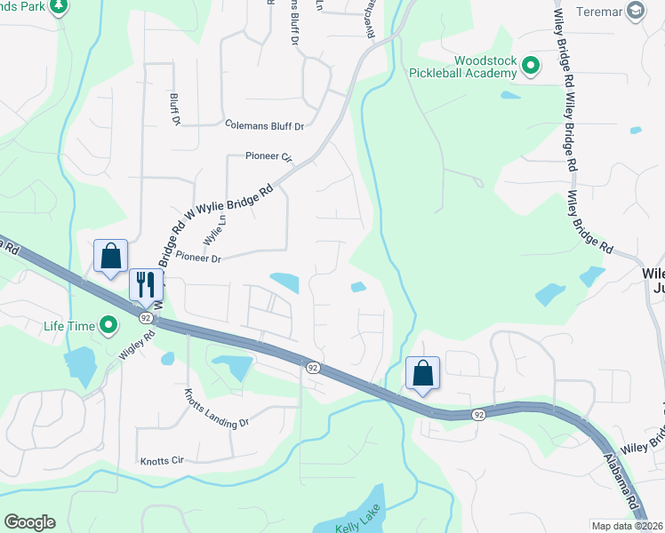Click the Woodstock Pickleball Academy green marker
[531, 66]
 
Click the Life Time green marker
[108, 326]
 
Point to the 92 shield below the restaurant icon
[144, 315]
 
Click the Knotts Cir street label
[161, 461]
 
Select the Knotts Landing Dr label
[216, 408]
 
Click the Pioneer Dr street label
[197, 258]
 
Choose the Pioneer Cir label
[268, 156]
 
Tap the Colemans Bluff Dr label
[264, 126]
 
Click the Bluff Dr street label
[175, 108]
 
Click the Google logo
[29, 522]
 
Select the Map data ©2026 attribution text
[628, 526]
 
